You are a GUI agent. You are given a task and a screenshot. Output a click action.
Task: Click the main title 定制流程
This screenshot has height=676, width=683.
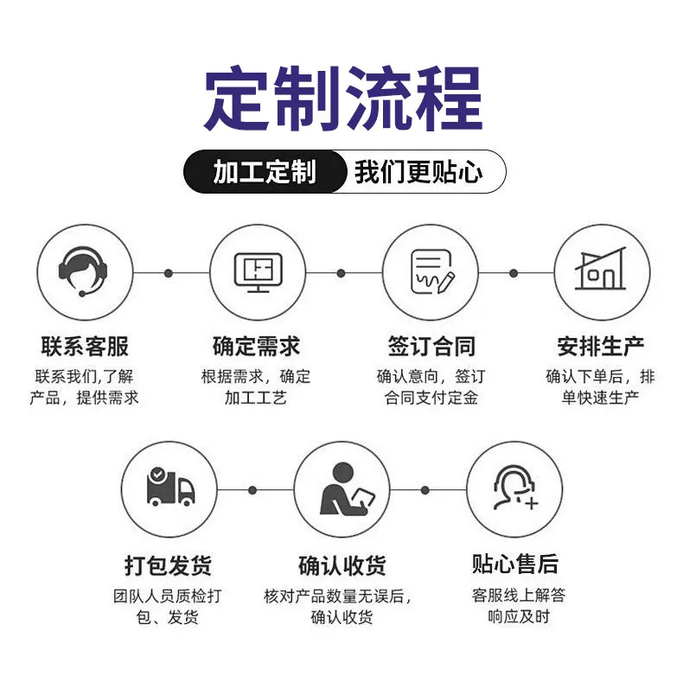(343, 99)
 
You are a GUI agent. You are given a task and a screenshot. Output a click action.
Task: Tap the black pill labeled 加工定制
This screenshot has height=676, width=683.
(265, 171)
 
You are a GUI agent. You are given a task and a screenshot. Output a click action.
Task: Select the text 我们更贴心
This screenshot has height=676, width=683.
(418, 172)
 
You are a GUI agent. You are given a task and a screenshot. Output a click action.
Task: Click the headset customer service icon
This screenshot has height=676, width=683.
(83, 271)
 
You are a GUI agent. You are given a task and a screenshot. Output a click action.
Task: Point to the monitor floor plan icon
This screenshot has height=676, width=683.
(259, 272)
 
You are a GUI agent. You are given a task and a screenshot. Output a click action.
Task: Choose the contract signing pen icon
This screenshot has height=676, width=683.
(432, 271)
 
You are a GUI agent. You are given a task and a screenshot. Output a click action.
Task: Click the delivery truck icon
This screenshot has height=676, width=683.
(170, 487)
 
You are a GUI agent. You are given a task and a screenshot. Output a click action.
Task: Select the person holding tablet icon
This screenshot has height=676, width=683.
(348, 488)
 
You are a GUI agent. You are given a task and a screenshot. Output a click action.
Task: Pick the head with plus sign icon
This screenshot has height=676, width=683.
(515, 488)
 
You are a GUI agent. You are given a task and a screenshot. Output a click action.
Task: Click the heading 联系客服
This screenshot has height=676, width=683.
(85, 347)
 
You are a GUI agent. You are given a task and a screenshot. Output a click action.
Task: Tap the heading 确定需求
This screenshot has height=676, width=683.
(257, 347)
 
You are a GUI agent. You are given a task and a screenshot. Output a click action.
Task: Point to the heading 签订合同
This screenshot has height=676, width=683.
(431, 347)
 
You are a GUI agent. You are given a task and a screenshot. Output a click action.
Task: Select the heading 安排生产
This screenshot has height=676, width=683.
(601, 347)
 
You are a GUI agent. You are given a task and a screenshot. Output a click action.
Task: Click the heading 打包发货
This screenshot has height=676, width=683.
(168, 565)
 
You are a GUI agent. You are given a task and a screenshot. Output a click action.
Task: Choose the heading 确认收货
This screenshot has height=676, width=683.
(342, 565)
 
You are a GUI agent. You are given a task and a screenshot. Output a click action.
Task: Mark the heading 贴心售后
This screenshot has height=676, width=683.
(515, 564)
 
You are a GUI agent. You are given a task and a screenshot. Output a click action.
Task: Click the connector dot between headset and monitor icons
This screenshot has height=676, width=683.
(169, 273)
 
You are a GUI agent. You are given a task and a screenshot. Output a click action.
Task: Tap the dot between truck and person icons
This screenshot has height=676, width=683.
(252, 490)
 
